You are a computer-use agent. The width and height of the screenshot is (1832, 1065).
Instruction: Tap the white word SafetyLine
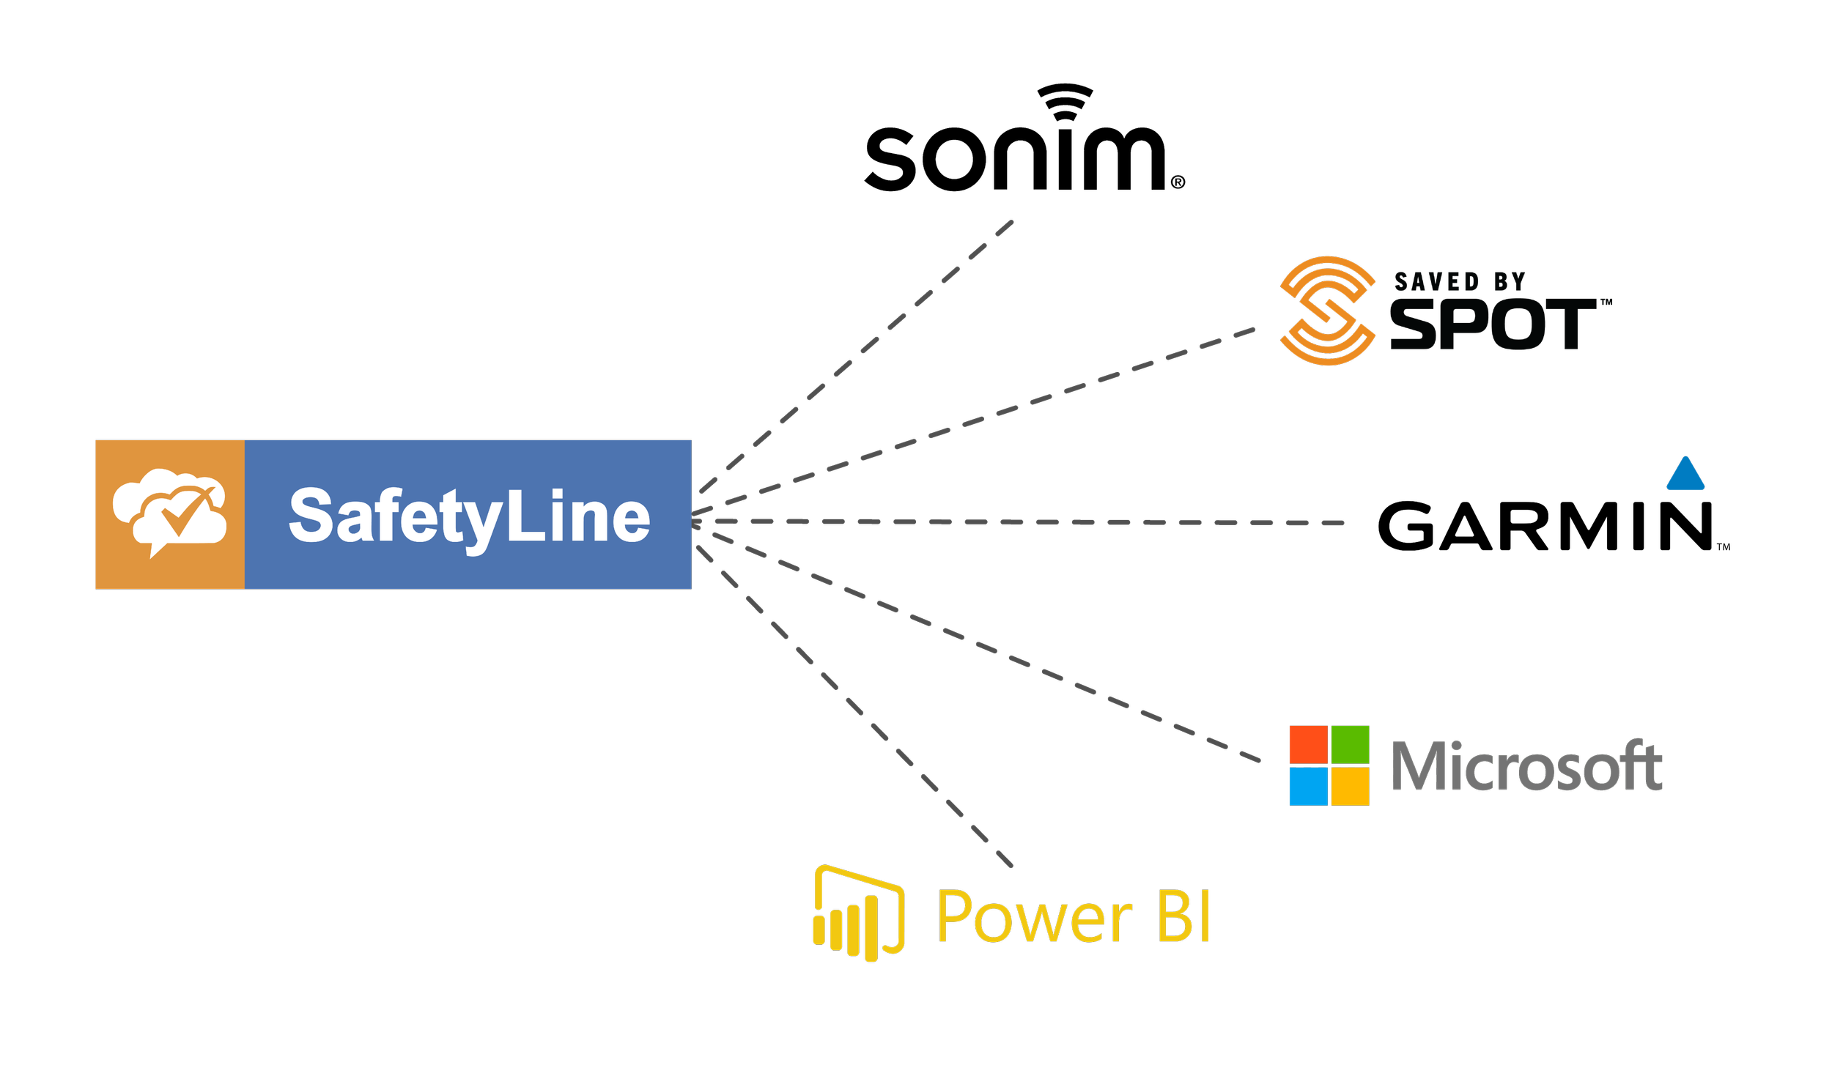pyautogui.click(x=469, y=517)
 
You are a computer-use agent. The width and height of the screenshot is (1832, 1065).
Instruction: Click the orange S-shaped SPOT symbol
pyautogui.click(x=1328, y=311)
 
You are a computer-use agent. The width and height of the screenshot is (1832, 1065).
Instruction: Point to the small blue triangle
pyautogui.click(x=1685, y=475)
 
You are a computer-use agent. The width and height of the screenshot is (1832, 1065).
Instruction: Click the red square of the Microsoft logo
pyautogui.click(x=1309, y=744)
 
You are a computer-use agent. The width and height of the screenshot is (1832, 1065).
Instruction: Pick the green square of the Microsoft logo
pyautogui.click(x=1351, y=744)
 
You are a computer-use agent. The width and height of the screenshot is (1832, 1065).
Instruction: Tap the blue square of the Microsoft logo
pyautogui.click(x=1309, y=786)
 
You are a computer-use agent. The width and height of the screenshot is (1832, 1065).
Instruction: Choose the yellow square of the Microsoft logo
pyautogui.click(x=1351, y=786)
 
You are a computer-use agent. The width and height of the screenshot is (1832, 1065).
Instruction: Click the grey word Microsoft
pyautogui.click(x=1526, y=766)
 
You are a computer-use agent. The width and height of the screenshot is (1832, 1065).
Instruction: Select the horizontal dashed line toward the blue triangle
pyautogui.click(x=1026, y=522)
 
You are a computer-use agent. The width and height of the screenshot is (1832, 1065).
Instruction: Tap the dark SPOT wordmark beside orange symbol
pyautogui.click(x=1495, y=324)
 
